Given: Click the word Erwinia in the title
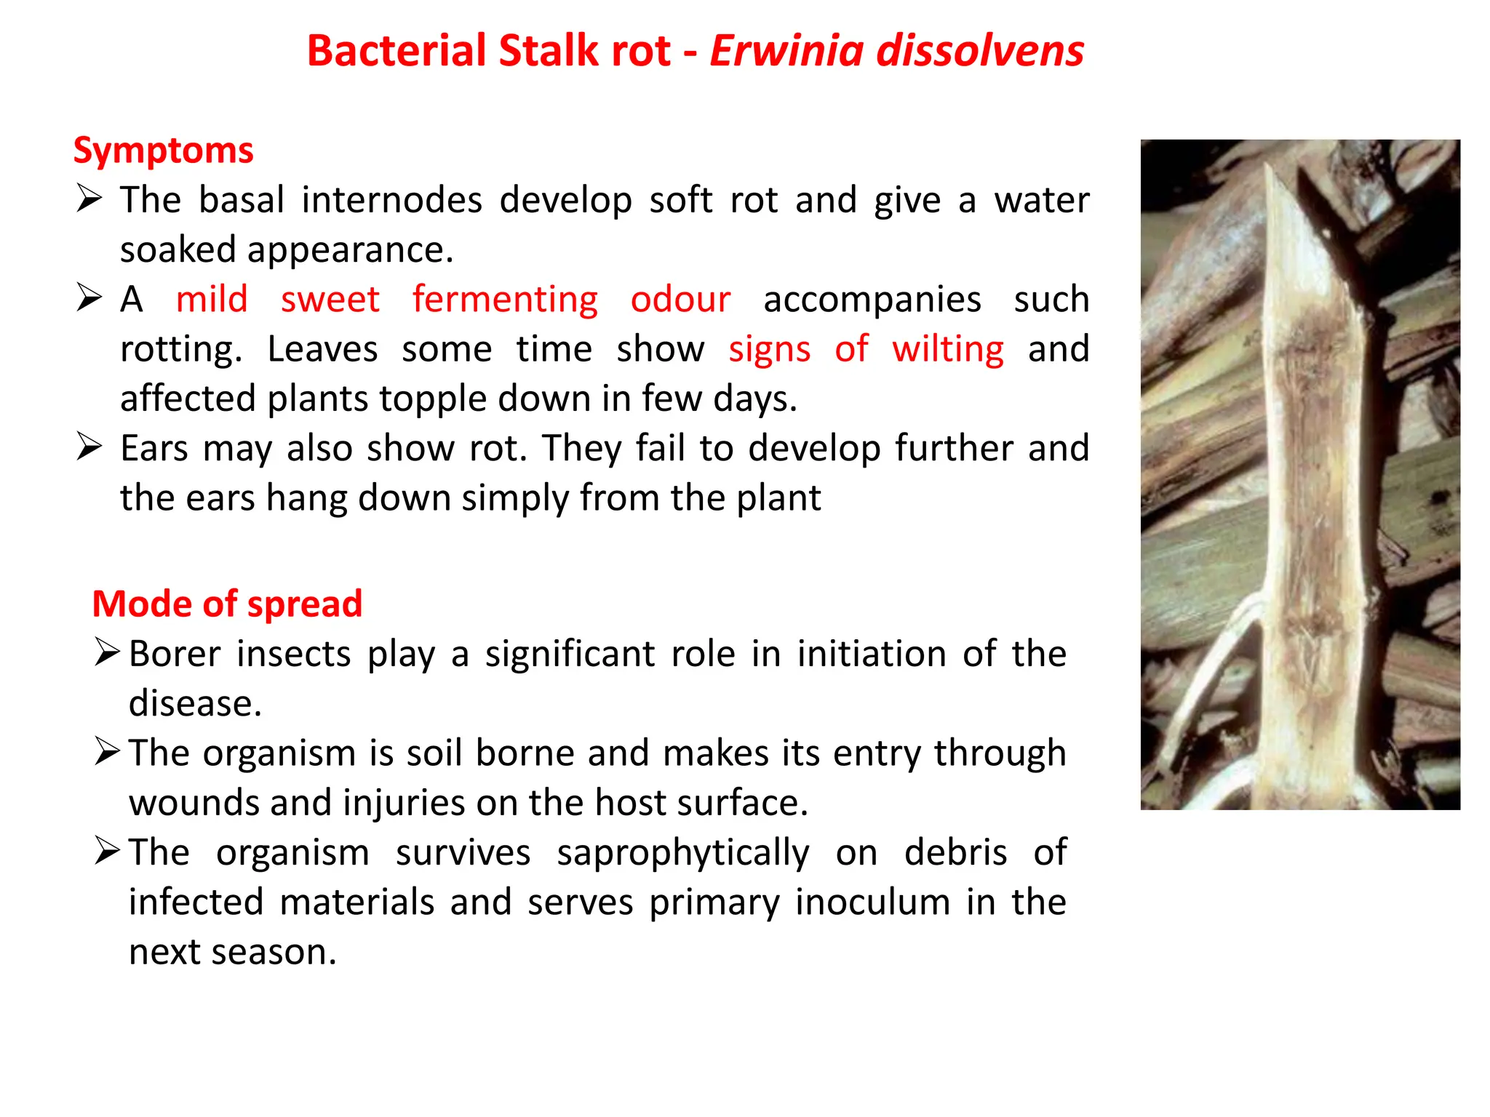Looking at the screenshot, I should [786, 51].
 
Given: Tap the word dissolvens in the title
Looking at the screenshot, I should [980, 51].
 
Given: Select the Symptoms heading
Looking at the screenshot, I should [163, 151].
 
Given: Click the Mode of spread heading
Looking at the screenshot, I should [227, 604].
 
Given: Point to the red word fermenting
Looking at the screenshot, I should [505, 300].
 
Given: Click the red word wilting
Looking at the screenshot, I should [948, 349].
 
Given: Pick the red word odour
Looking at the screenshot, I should [680, 300].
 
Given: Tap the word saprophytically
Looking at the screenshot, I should [682, 853].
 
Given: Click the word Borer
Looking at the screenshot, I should [175, 653].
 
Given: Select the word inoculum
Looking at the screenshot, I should [872, 902].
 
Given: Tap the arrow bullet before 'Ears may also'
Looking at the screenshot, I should [89, 447].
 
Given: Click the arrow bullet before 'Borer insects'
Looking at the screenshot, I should [107, 652].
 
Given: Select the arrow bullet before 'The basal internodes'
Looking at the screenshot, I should [89, 198].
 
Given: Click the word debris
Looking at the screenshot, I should [955, 852].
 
